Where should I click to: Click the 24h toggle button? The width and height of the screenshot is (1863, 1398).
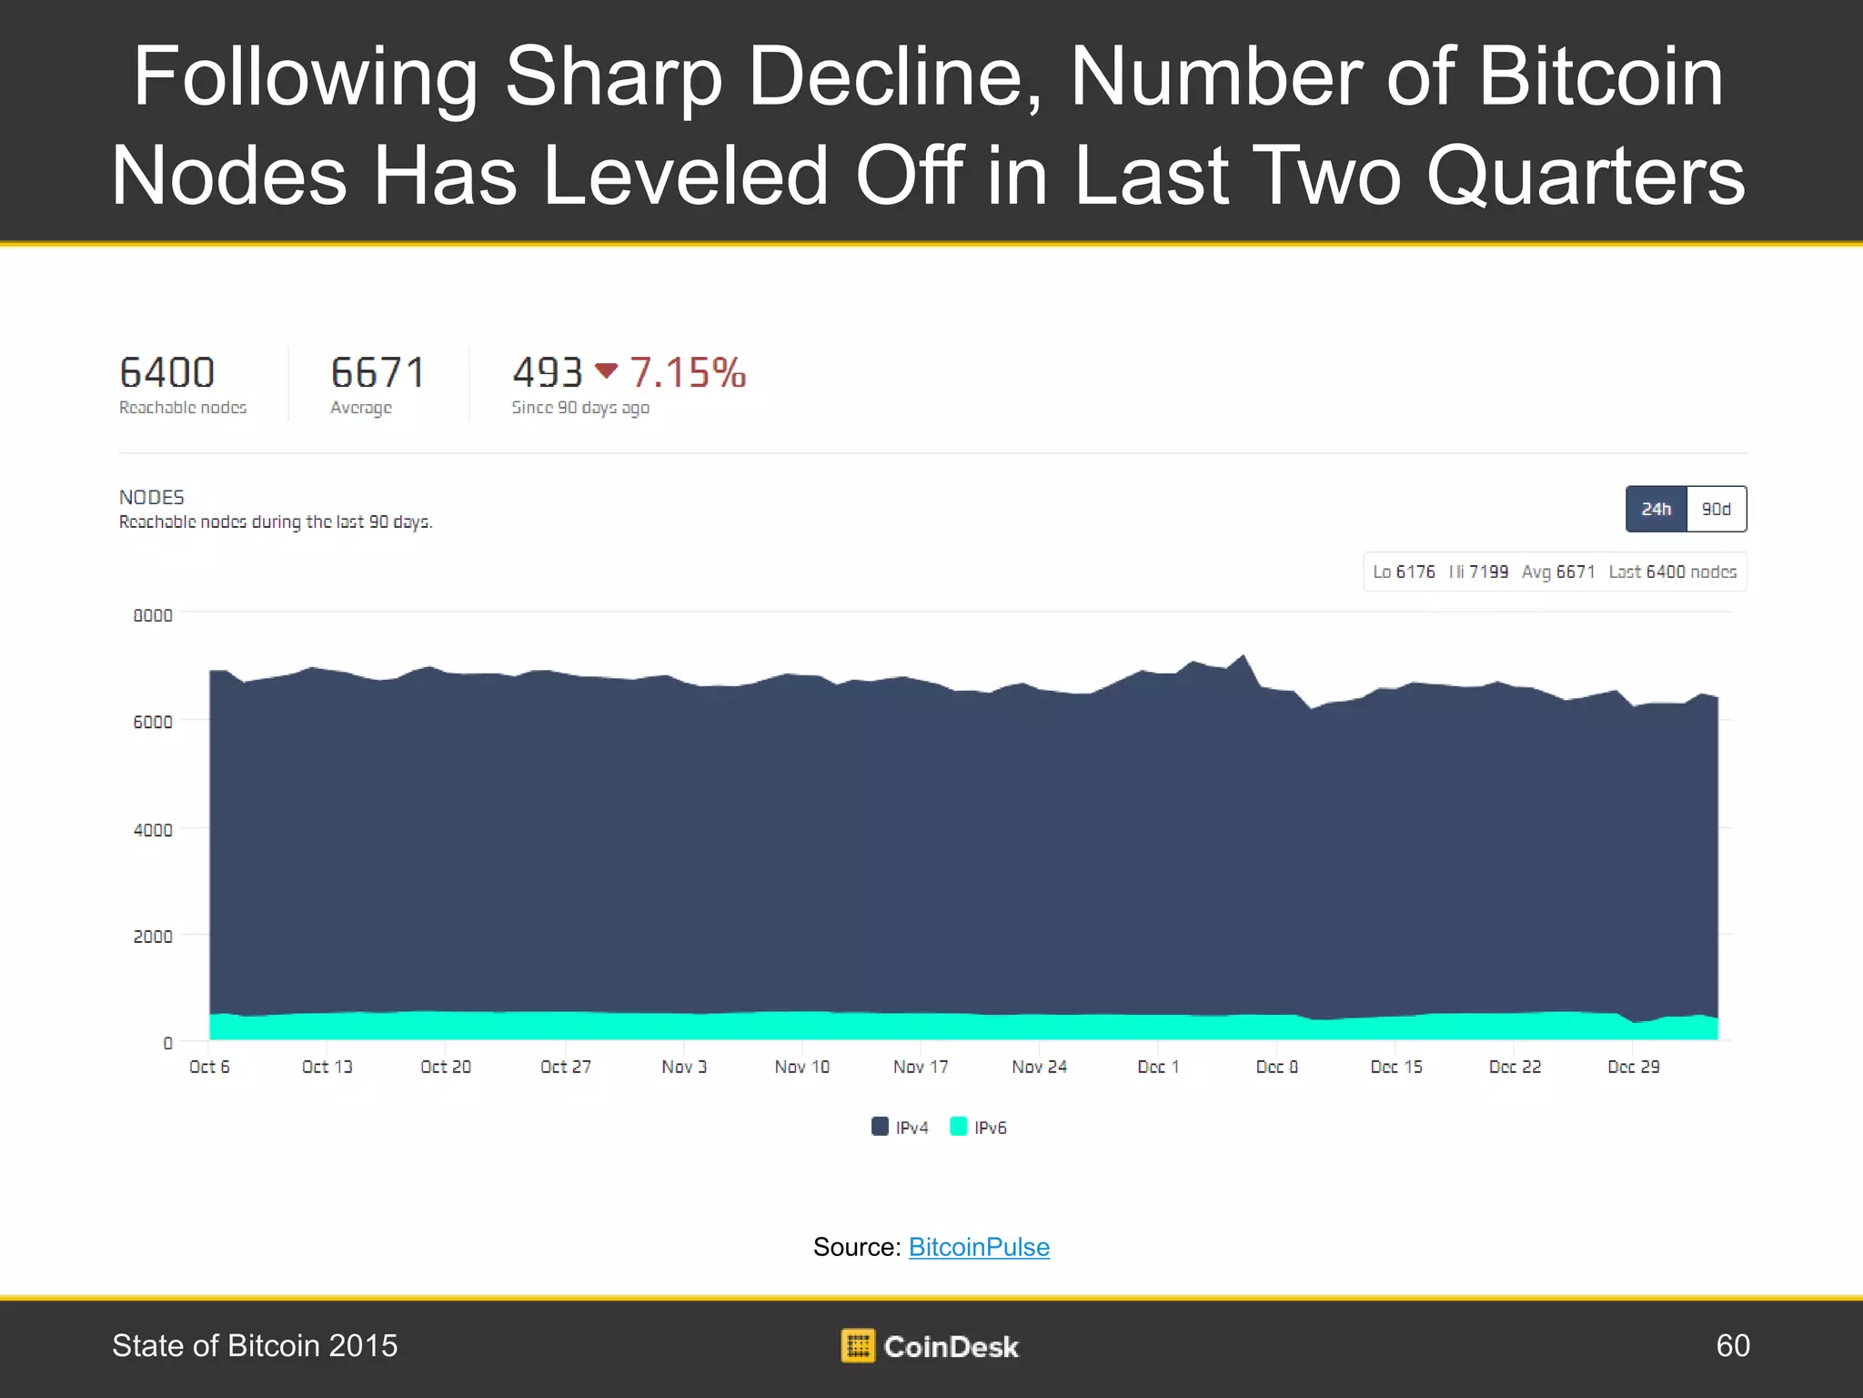(1656, 509)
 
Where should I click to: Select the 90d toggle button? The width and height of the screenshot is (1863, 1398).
(1716, 509)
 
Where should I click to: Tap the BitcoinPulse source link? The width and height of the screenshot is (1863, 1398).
(979, 1247)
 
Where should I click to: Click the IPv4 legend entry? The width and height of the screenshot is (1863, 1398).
(901, 1127)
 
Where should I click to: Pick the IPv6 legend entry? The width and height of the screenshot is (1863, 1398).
(979, 1127)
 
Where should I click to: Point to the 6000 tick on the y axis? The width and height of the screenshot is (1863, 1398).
(153, 722)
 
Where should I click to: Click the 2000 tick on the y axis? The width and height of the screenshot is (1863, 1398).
(153, 937)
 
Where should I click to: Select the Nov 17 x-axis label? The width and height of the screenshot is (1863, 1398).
(920, 1067)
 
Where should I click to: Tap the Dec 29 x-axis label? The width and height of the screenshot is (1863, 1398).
(1633, 1067)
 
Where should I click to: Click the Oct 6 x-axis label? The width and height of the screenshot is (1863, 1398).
(209, 1067)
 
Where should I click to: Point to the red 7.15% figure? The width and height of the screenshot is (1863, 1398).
(688, 373)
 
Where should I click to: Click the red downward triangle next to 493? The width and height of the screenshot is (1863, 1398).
(606, 370)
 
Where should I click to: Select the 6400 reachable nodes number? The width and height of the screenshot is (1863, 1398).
(167, 373)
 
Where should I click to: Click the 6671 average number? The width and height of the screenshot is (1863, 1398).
(378, 373)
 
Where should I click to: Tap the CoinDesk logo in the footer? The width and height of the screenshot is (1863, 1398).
(930, 1346)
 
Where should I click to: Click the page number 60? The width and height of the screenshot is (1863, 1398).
(1732, 1345)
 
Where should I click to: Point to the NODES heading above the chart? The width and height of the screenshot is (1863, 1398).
(152, 497)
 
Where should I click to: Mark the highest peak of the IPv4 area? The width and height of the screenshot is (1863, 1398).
(1243, 656)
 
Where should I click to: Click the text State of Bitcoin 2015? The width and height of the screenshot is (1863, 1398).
(255, 1345)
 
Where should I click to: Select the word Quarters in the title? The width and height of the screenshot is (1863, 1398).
(1586, 175)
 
